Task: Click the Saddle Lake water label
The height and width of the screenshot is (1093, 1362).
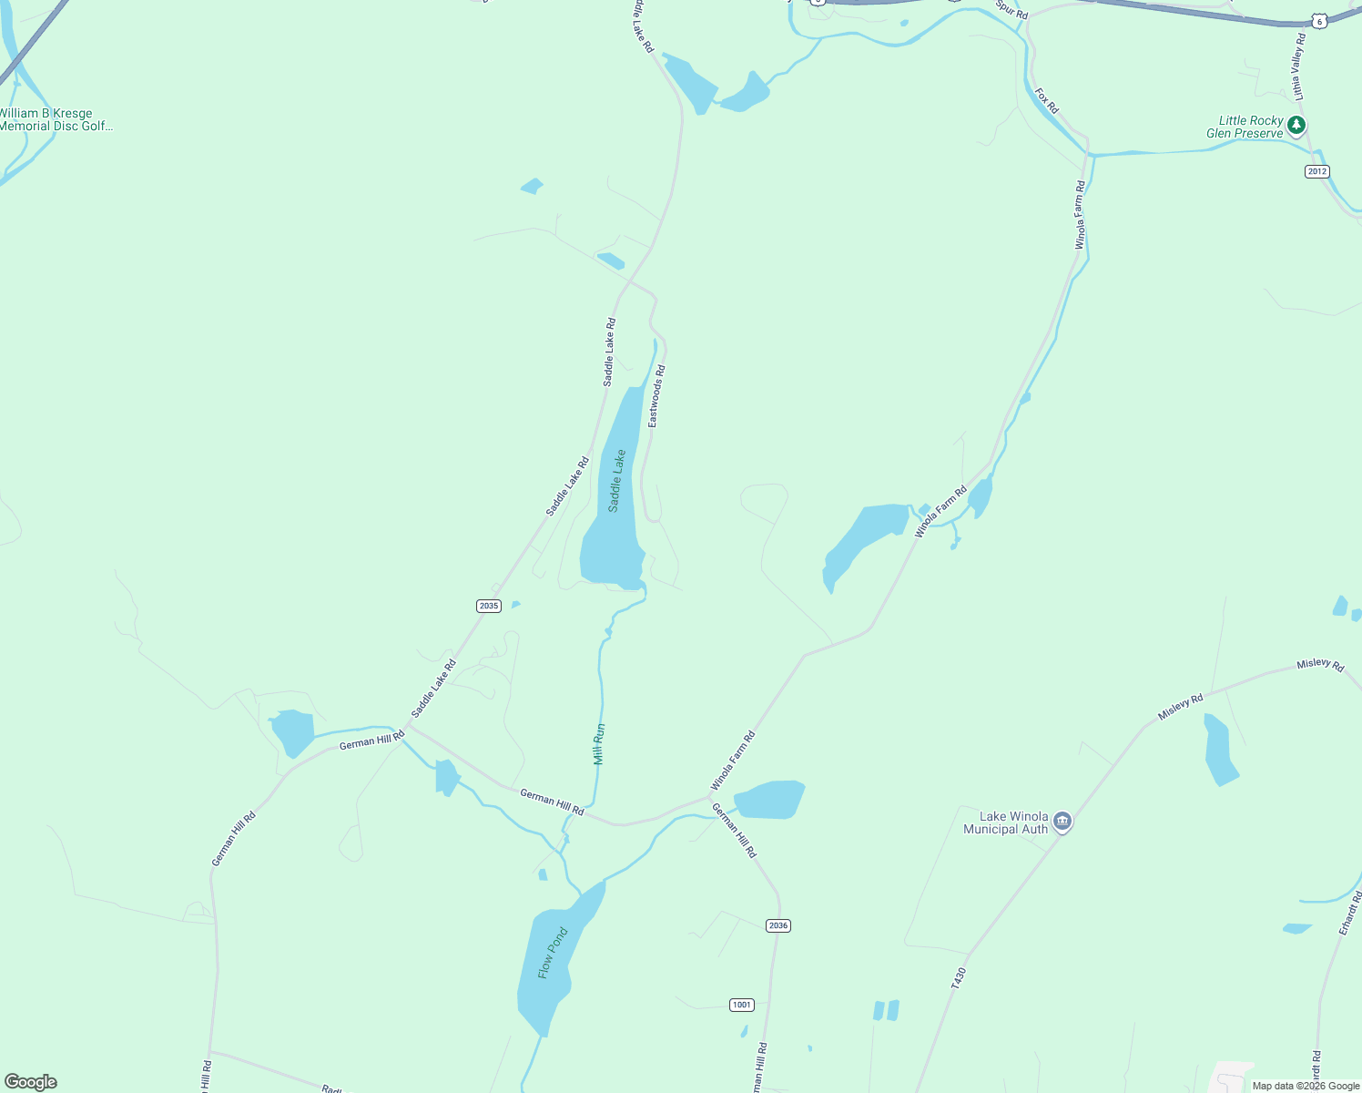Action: [617, 481]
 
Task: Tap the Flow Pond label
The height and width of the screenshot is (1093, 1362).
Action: [552, 953]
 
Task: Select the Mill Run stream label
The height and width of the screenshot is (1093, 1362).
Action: [599, 744]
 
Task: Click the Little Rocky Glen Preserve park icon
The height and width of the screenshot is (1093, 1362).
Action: [1296, 126]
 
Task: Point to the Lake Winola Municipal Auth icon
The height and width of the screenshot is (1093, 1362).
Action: [1062, 822]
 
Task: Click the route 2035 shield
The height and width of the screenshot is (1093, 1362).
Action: [489, 606]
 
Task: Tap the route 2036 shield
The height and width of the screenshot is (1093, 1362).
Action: [778, 925]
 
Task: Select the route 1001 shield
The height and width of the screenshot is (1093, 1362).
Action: [742, 1005]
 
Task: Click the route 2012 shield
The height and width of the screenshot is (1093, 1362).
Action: [1316, 171]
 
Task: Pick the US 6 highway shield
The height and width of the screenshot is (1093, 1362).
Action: [1318, 20]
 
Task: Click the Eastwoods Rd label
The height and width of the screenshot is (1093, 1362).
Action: [656, 396]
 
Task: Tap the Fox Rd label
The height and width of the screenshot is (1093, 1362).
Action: [1047, 100]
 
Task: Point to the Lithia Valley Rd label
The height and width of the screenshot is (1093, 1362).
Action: [1299, 66]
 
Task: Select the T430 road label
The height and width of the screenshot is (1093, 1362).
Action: [958, 978]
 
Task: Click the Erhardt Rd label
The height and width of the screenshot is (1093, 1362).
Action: [1350, 913]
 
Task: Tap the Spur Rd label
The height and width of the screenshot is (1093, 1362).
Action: [1011, 10]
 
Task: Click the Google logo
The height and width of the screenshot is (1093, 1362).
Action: [31, 1082]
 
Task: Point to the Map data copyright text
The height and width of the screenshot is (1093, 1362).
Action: [1306, 1086]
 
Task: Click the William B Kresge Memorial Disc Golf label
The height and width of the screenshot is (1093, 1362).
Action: [55, 120]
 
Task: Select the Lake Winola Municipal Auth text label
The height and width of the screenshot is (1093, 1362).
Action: [1006, 822]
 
